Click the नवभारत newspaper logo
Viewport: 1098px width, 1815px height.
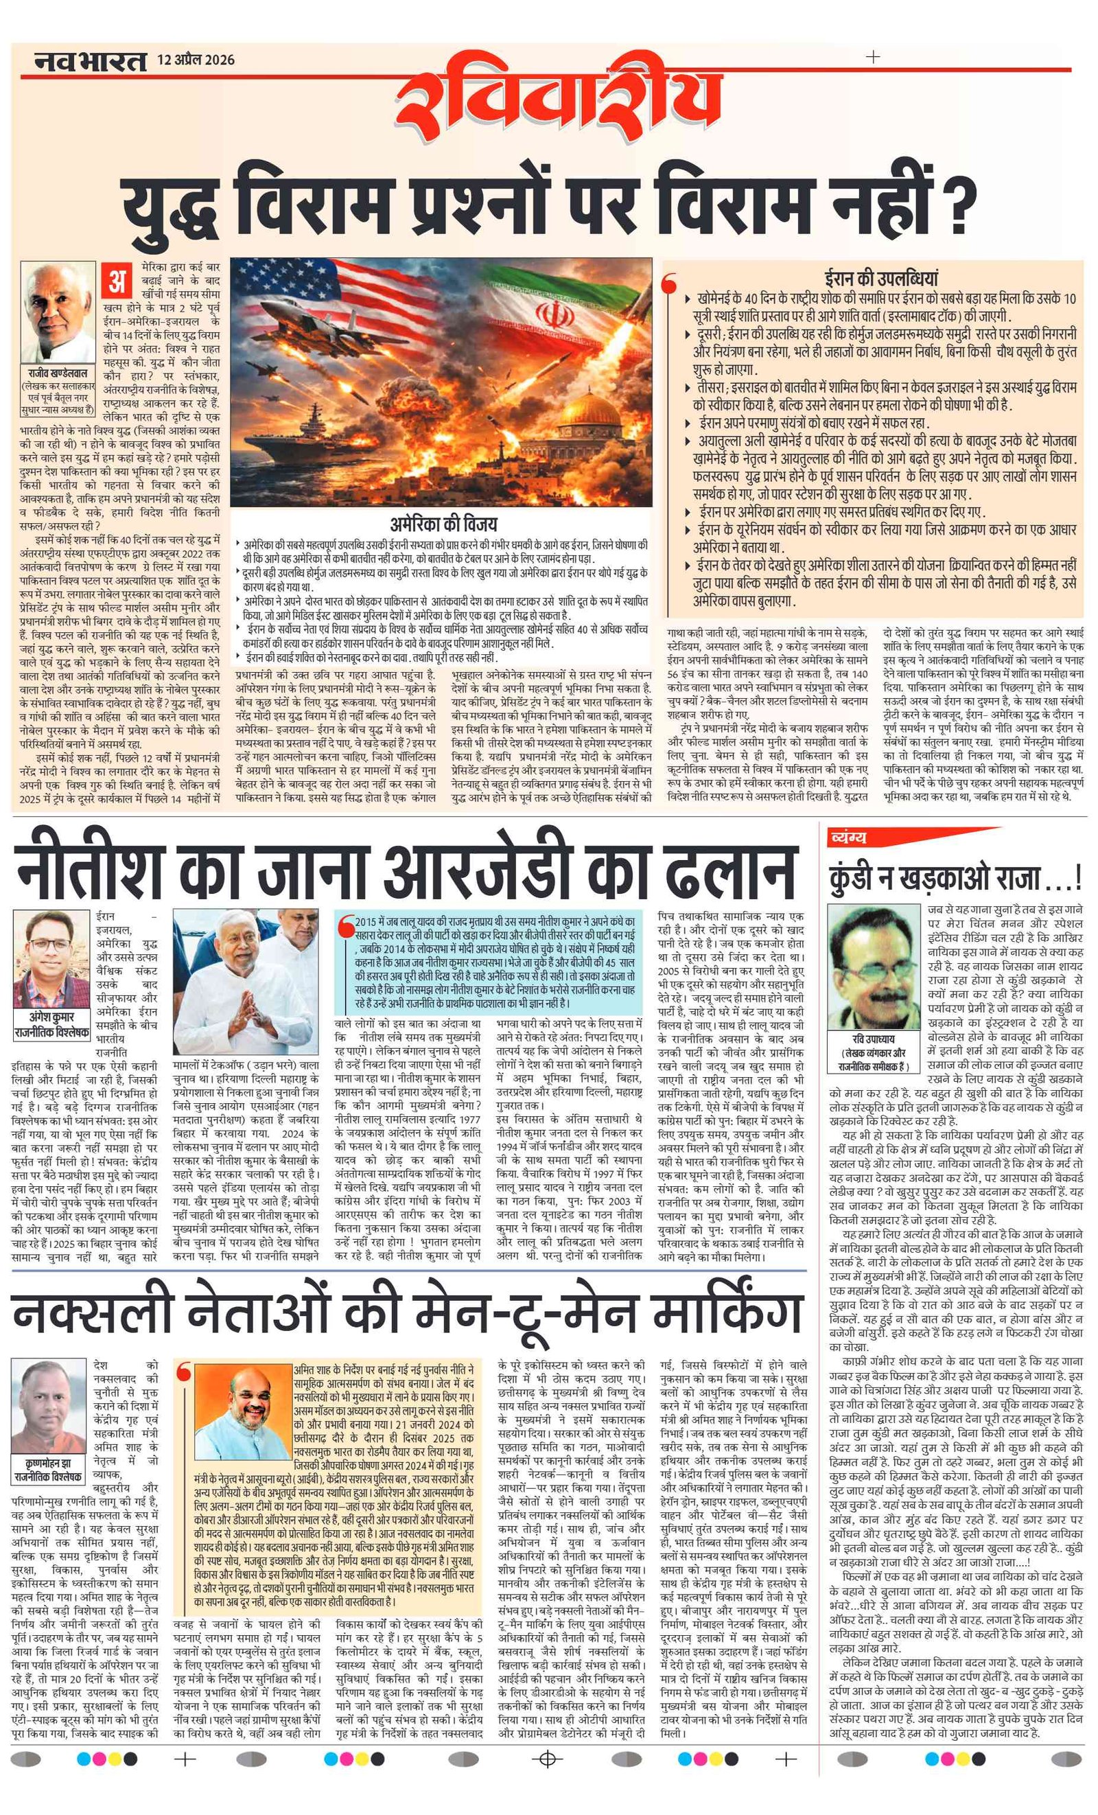pos(90,61)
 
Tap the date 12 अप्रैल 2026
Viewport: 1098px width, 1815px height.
pos(195,60)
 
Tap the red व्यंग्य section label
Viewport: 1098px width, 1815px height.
pos(848,837)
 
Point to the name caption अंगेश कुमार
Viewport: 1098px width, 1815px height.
pos(50,1017)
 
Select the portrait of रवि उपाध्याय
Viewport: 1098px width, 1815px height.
pos(874,967)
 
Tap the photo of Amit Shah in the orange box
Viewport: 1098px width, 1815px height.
pos(244,1411)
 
